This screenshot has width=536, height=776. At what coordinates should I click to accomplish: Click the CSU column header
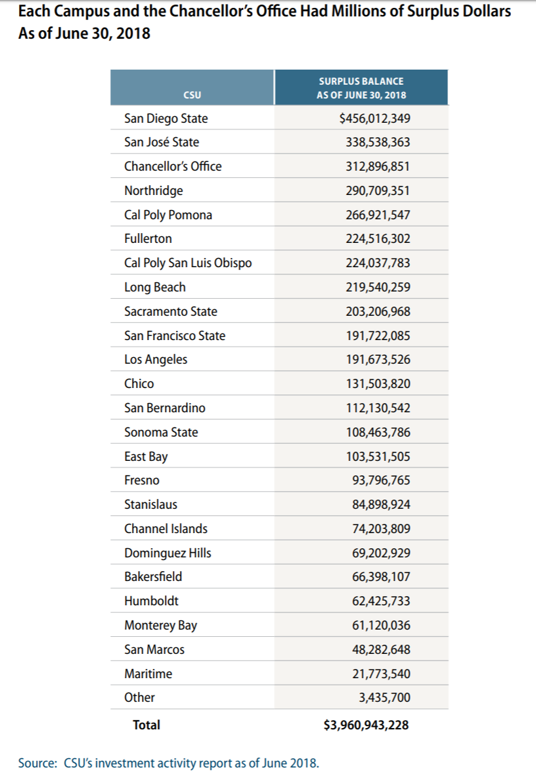click(x=192, y=95)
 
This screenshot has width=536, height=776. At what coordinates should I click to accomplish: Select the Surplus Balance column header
click(x=361, y=88)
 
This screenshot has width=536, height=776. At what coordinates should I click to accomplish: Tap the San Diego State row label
click(x=166, y=118)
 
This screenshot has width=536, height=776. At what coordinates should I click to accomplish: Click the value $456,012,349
click(x=374, y=118)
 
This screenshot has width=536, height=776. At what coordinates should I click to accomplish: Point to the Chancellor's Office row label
click(x=173, y=166)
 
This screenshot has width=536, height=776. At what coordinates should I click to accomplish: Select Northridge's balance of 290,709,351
click(x=378, y=190)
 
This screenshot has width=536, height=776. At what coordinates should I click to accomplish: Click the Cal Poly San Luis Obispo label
click(x=188, y=263)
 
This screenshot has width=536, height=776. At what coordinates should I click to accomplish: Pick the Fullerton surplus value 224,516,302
click(x=378, y=239)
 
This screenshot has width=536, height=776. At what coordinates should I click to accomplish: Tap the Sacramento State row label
click(x=171, y=311)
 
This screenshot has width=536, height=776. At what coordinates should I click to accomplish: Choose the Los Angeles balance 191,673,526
click(x=378, y=360)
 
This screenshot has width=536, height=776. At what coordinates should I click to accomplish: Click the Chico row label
click(x=139, y=383)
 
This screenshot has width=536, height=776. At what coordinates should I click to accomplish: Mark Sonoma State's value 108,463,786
click(x=378, y=432)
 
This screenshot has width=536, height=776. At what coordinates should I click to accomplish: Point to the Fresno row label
click(x=142, y=481)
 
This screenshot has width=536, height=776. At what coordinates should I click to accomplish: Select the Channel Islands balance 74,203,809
click(x=381, y=528)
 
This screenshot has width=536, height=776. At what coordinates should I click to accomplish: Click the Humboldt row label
click(x=151, y=601)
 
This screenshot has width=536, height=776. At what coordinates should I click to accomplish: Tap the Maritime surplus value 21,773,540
click(x=381, y=674)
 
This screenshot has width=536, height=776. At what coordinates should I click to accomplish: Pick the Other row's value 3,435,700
click(x=384, y=697)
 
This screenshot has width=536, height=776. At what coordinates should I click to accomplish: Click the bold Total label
click(x=146, y=725)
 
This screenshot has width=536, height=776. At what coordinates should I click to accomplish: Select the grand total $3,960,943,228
click(x=367, y=725)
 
